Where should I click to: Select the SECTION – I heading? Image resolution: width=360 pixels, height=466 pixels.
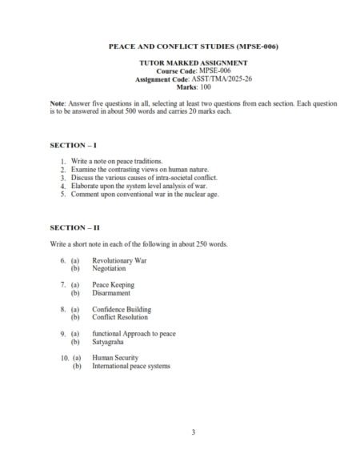tap(73, 145)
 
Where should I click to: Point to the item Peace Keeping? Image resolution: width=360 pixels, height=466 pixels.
tap(113, 285)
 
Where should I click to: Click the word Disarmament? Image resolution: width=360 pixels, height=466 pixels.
tap(111, 294)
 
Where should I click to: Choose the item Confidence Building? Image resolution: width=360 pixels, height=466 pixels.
tap(122, 310)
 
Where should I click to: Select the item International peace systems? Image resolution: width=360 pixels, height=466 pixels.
tap(131, 367)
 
